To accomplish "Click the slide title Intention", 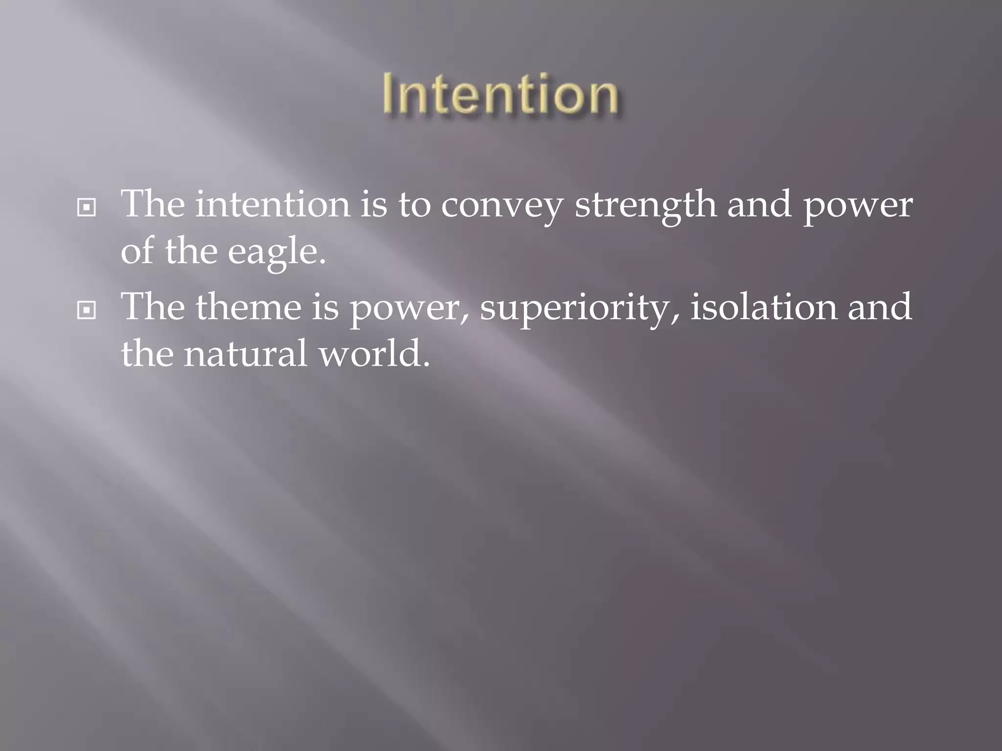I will (500, 94).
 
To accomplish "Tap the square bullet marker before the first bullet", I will (87, 208).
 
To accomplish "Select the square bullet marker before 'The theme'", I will (87, 310).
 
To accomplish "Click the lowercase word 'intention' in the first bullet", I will (273, 204).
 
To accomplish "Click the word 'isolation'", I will (763, 307).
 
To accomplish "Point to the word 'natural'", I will (246, 353).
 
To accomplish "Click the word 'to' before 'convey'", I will (414, 205).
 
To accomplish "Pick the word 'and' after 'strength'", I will (759, 204).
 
